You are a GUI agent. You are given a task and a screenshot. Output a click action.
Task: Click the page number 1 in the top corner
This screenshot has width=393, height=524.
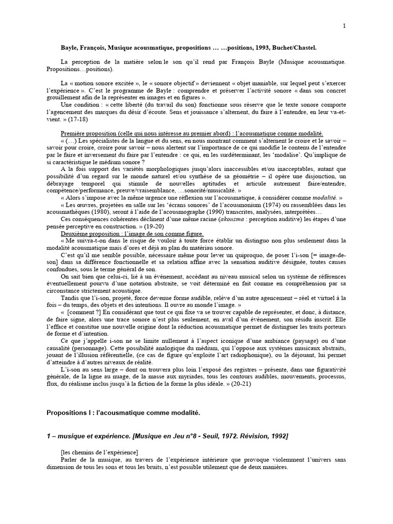click(344, 27)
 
